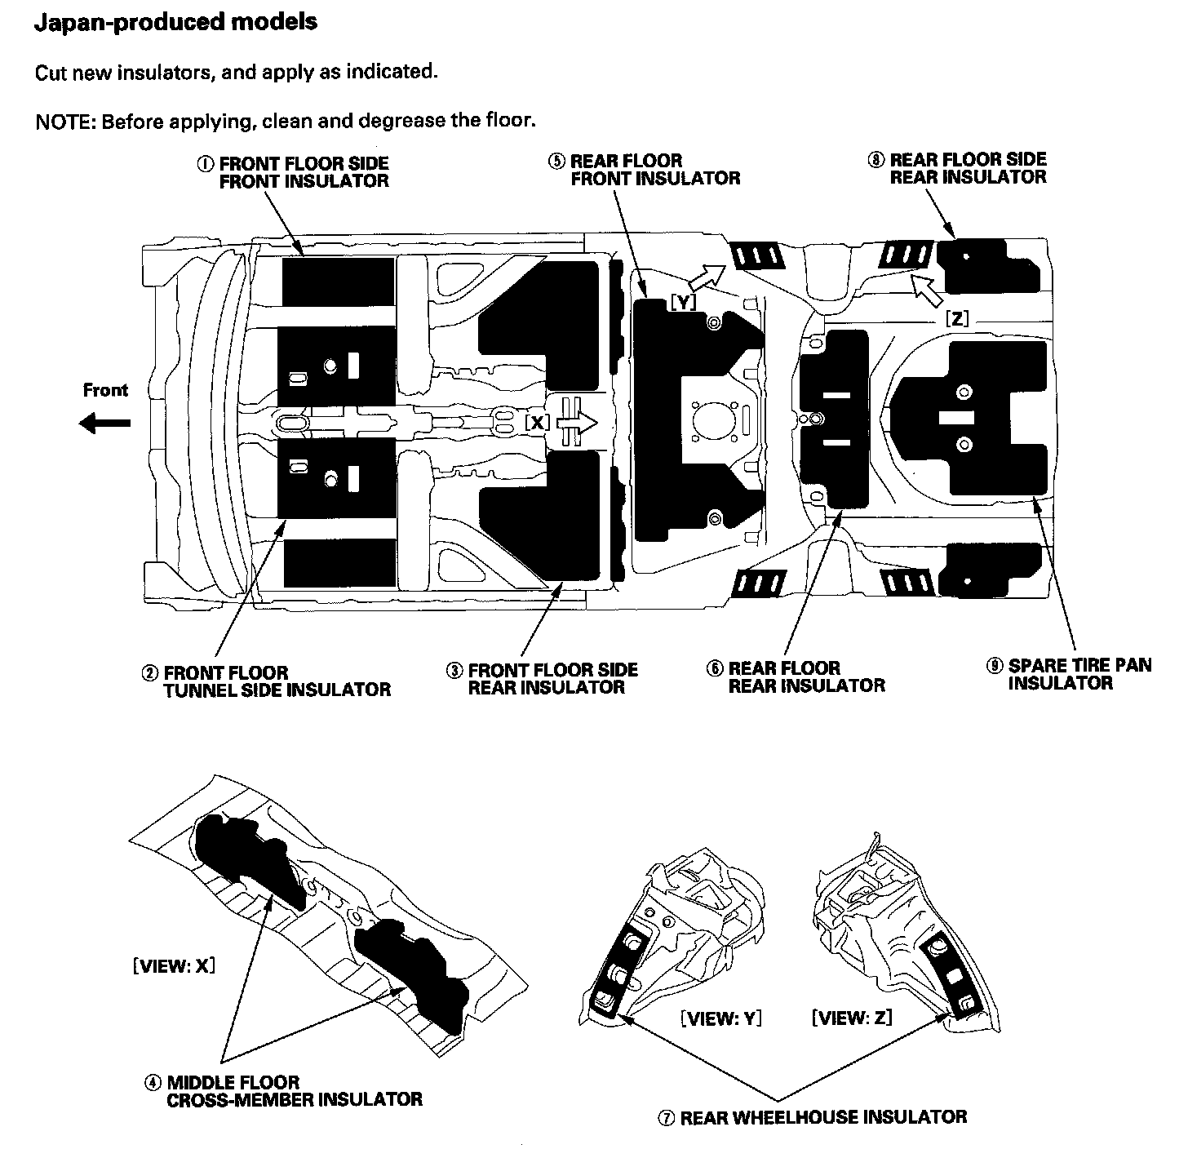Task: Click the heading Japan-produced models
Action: click(175, 22)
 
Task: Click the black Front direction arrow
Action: click(105, 423)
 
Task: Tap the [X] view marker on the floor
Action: click(537, 423)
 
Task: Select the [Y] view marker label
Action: click(683, 303)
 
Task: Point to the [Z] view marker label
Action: click(956, 319)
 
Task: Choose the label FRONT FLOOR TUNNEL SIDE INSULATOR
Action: click(277, 681)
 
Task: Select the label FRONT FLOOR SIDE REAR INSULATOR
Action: click(552, 679)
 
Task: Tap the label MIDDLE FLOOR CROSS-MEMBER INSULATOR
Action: click(295, 1091)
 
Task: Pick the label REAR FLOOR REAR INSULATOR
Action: click(806, 677)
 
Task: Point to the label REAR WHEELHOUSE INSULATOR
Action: click(822, 1117)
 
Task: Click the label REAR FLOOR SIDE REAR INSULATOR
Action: click(968, 168)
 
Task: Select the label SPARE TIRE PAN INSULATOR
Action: click(1079, 674)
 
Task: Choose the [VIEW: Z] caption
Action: click(851, 1018)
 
